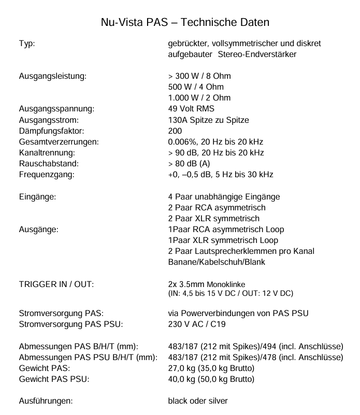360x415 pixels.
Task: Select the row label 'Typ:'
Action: pos(27,44)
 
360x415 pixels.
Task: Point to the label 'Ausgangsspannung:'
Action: pos(56,109)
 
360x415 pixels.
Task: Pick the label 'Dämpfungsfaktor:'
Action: pos(51,131)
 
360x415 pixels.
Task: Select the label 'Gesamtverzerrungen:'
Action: pos(59,141)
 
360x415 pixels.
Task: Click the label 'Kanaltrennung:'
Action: pos(47,152)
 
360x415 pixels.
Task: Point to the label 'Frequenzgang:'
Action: pos(47,174)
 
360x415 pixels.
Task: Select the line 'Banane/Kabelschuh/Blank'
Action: pos(217,262)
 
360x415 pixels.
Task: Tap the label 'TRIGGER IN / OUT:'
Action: pos(56,284)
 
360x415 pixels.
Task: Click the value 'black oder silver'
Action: pos(198,400)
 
